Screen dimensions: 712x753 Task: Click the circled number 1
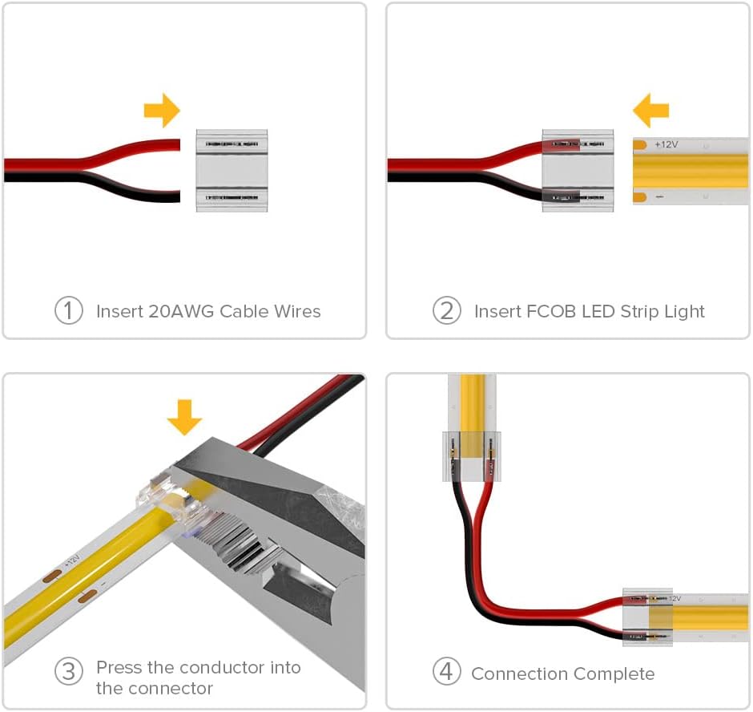69,310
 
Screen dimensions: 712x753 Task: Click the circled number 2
446,310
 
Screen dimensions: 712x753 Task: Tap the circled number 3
69,670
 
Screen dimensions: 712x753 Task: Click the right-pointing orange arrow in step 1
162,110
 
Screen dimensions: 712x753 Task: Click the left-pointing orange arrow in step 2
650,110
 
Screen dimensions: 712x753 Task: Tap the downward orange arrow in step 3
184,416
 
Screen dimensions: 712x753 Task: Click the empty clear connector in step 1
232,170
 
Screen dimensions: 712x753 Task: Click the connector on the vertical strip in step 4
473,456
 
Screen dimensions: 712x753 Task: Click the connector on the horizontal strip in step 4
648,617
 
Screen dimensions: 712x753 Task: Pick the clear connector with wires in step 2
578,170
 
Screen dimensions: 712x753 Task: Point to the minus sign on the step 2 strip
658,196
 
